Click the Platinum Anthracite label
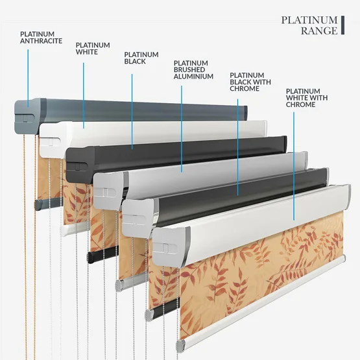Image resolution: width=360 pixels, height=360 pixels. pyautogui.click(x=41, y=38)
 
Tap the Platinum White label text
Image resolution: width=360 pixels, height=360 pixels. pyautogui.click(x=93, y=49)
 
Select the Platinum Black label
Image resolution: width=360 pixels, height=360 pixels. pyautogui.click(x=141, y=58)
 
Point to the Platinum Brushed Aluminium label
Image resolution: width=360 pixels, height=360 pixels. pyautogui.click(x=193, y=70)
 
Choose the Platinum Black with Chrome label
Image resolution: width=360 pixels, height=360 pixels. pyautogui.click(x=250, y=82)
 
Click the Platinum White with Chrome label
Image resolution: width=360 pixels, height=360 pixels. pyautogui.click(x=307, y=98)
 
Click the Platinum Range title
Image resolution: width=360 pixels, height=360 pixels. pyautogui.click(x=309, y=25)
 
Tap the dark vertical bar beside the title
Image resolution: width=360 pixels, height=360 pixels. pyautogui.click(x=342, y=25)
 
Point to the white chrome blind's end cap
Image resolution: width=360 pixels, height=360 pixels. pyautogui.click(x=171, y=247)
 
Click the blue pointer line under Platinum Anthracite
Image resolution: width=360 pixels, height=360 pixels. pyautogui.click(x=28, y=78)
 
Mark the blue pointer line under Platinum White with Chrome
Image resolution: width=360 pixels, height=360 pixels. pyautogui.click(x=294, y=166)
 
